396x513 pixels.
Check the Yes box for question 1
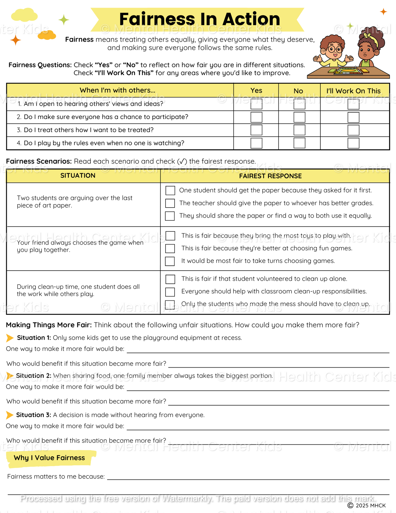coord(256,104)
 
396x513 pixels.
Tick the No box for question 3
coord(299,130)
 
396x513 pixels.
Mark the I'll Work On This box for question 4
coord(353,143)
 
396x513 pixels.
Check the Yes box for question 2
coord(256,117)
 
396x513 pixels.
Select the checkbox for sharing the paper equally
coord(170,216)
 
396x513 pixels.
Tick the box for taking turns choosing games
coord(170,261)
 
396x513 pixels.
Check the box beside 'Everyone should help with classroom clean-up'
coord(170,292)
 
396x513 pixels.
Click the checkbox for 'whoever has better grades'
coord(170,203)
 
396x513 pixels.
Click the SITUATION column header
coord(78,176)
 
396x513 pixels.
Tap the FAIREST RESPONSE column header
coord(270,176)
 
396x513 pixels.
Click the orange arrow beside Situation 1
coord(10,338)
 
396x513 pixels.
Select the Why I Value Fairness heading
coord(49,458)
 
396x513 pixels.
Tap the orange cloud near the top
coord(47,35)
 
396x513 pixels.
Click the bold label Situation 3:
coord(33,415)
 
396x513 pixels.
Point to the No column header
coord(298,91)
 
